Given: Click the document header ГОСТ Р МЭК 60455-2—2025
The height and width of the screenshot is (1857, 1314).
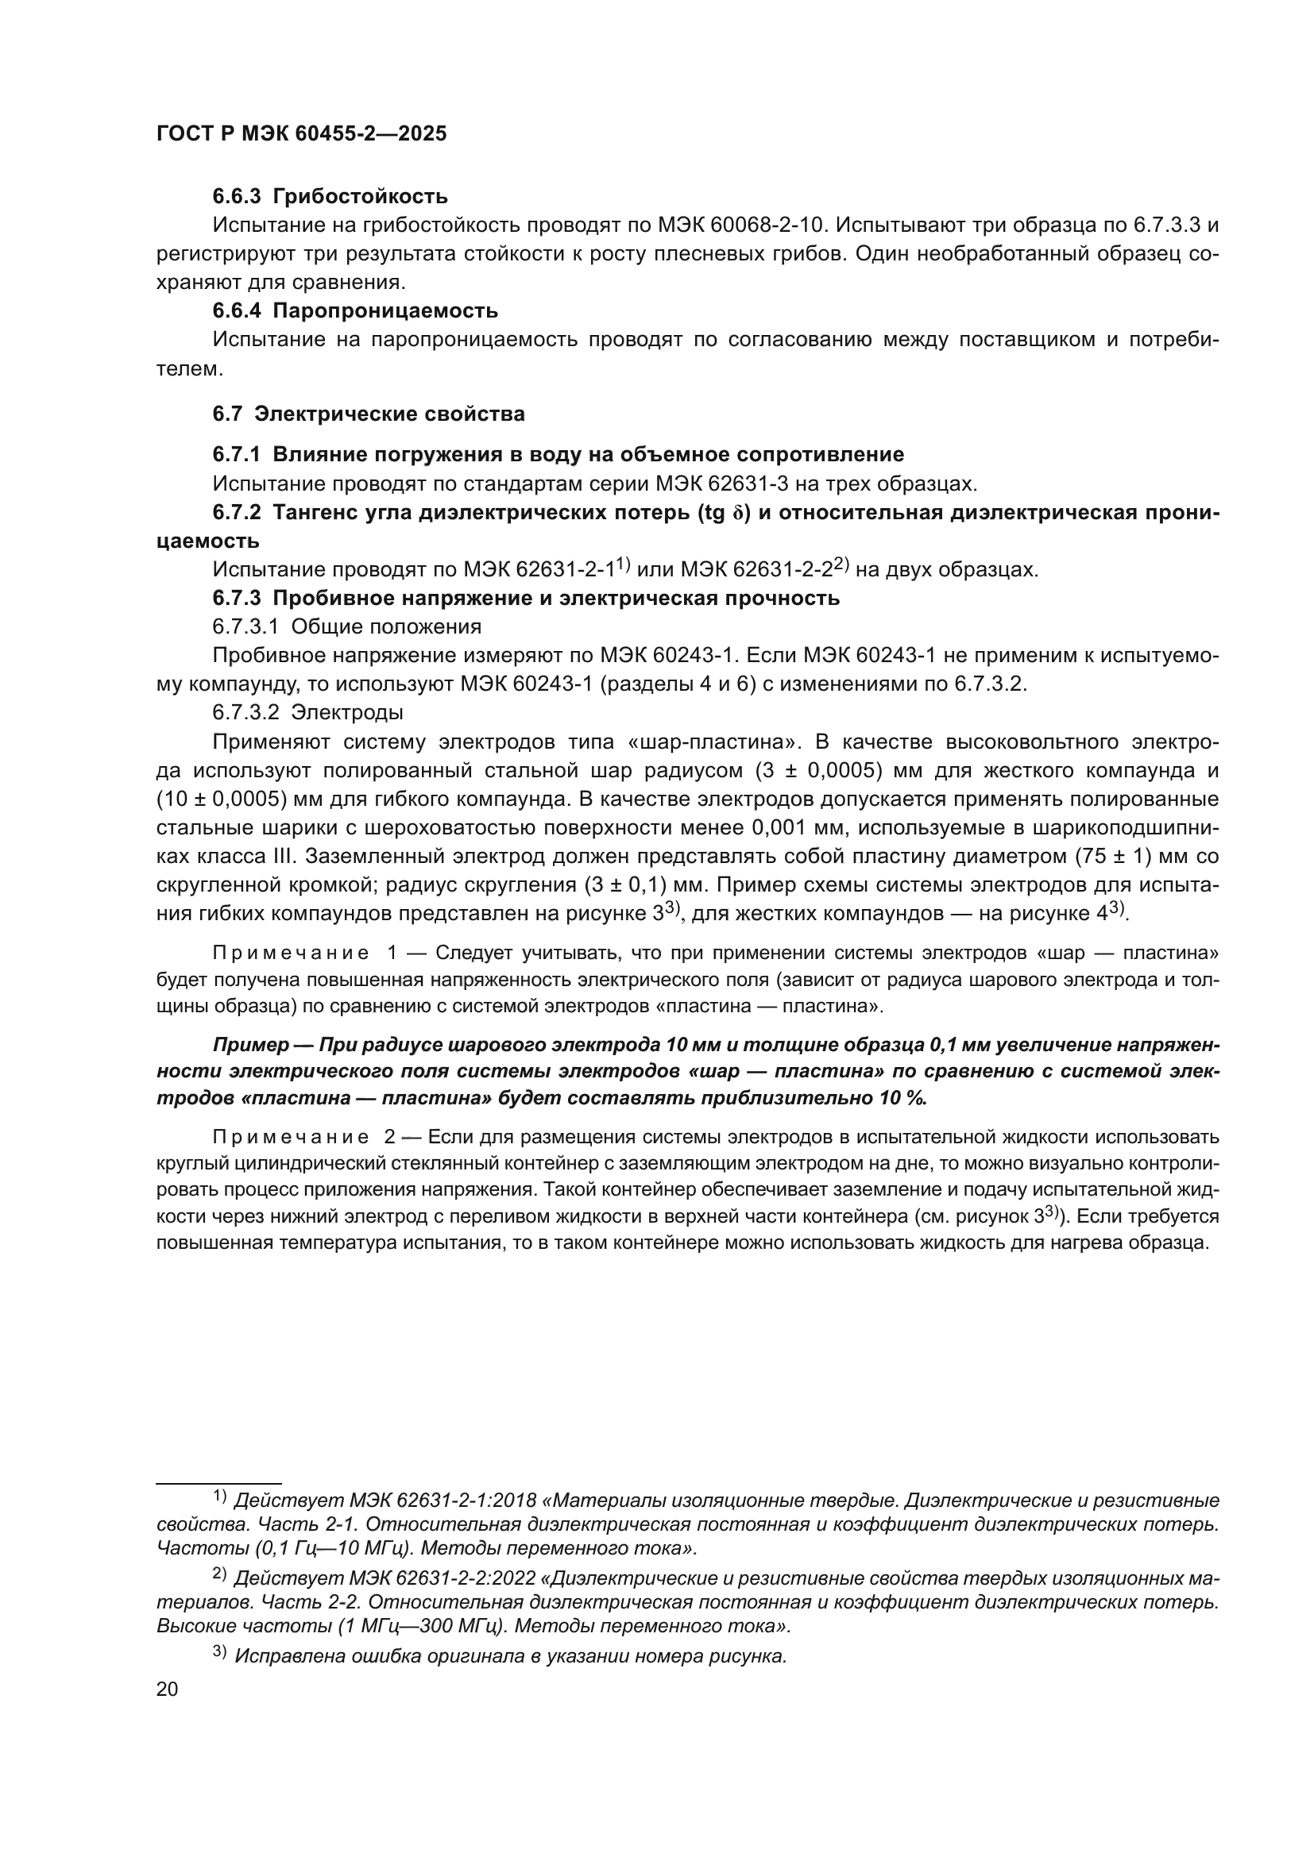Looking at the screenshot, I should point(301,134).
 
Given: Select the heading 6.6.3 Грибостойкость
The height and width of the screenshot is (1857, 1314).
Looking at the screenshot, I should point(330,197).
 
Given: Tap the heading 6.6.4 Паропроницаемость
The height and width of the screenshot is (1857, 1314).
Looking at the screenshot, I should point(355,311).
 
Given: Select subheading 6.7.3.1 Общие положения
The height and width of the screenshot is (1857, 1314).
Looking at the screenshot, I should point(346,627).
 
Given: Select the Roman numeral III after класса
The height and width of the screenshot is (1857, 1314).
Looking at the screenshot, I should point(287,857).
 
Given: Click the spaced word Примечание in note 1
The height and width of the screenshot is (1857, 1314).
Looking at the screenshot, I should point(291,954).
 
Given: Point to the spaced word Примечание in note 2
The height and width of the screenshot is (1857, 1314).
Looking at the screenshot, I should point(291,1137).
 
